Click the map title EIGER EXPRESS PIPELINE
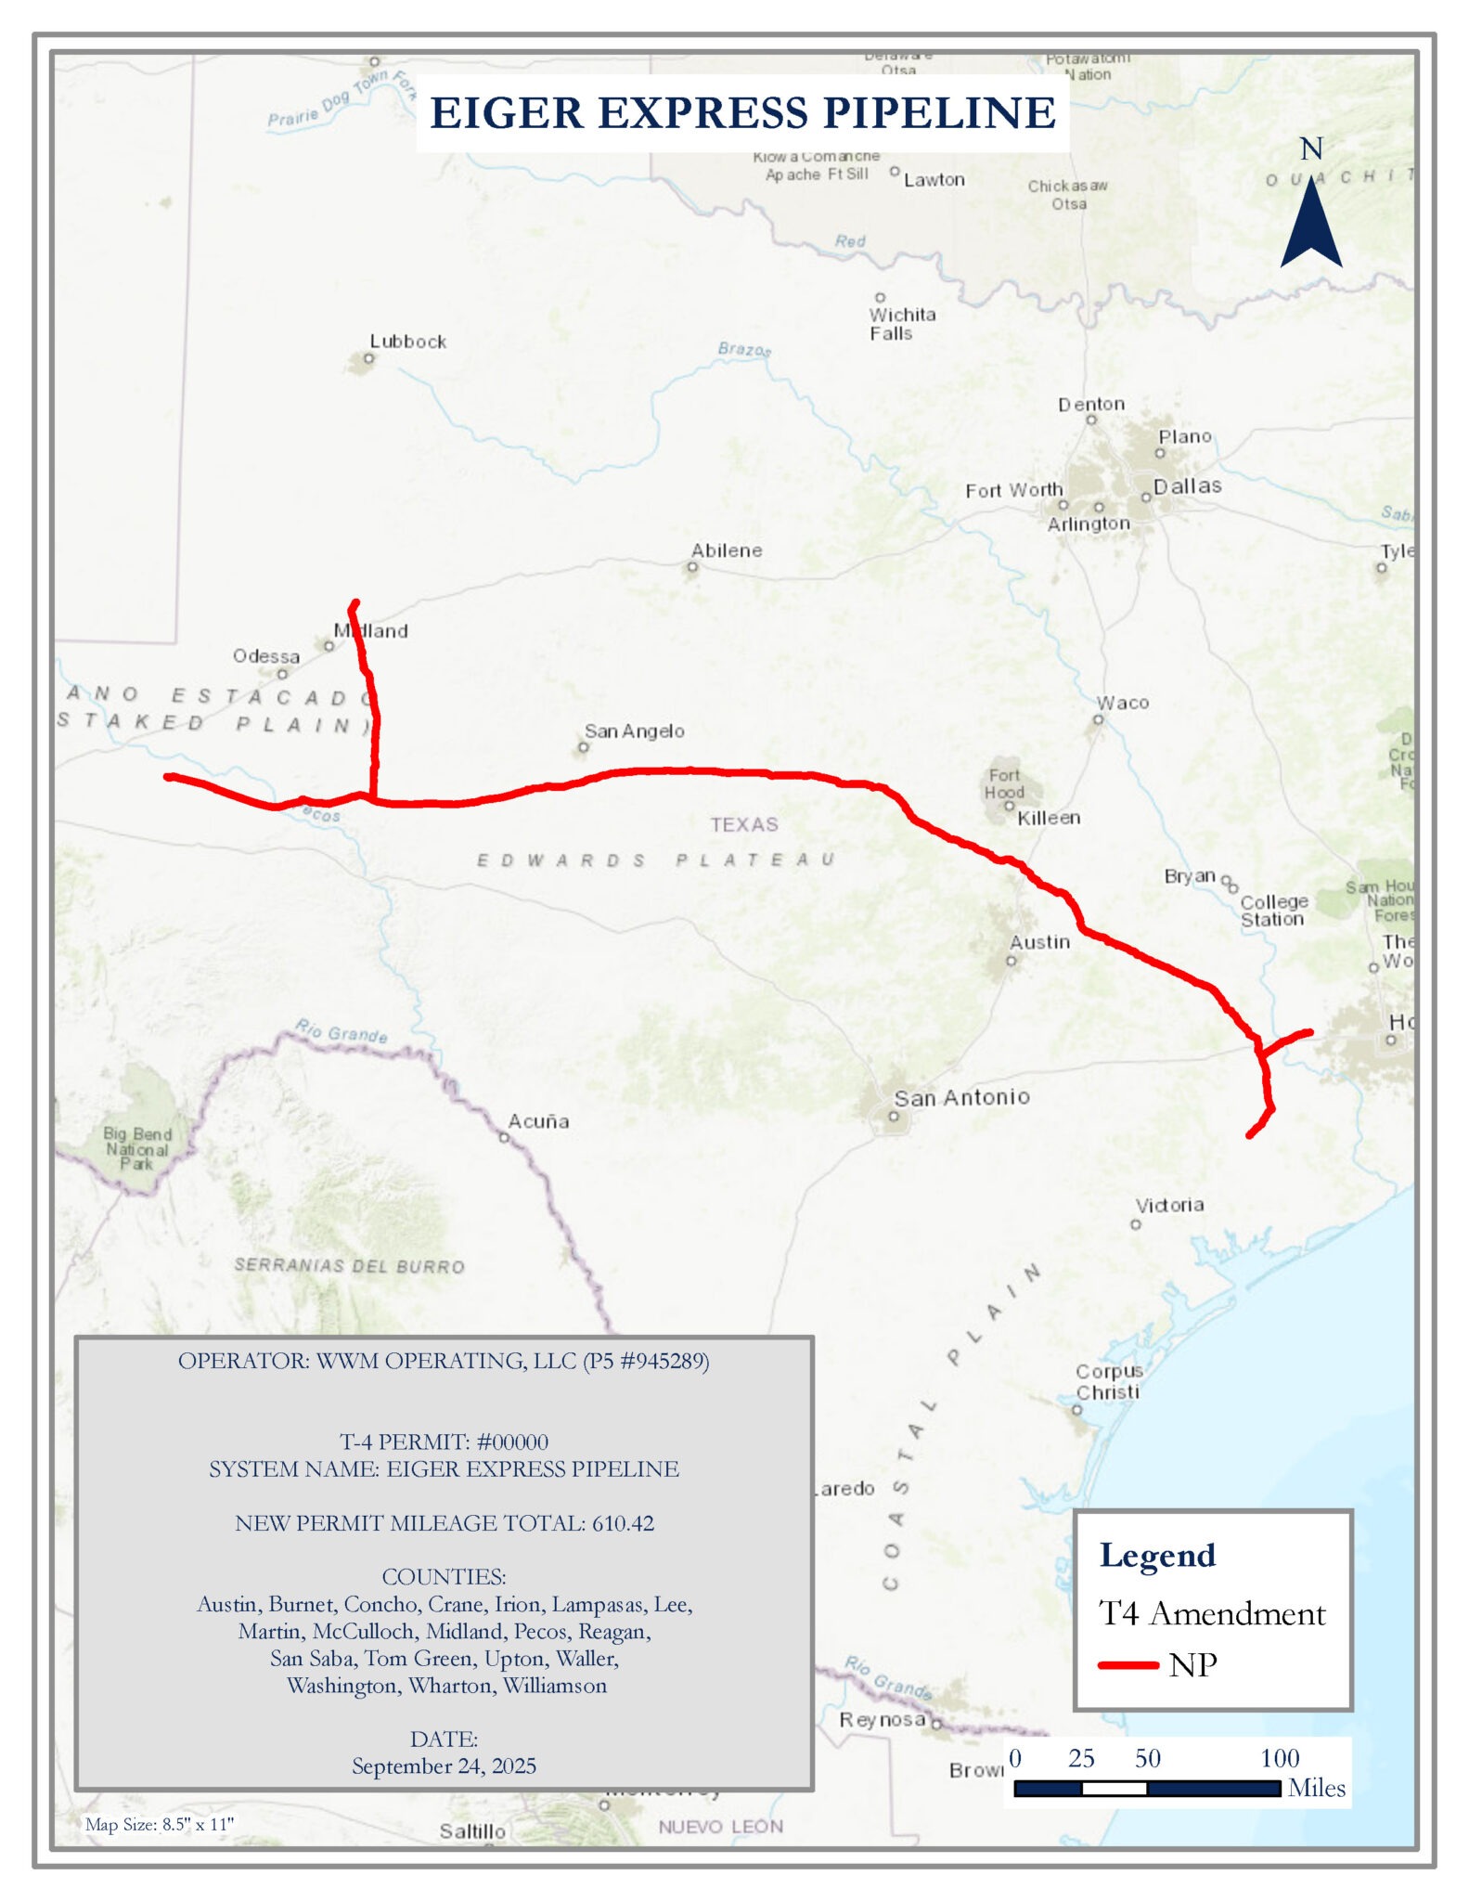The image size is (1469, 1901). click(742, 112)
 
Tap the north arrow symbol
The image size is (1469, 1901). click(1310, 223)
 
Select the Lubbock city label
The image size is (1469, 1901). click(407, 342)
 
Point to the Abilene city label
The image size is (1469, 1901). click(726, 550)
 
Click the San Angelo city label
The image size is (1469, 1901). click(634, 731)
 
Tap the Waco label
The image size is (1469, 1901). click(1123, 703)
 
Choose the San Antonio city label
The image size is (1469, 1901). click(961, 1097)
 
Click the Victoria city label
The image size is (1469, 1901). click(1169, 1205)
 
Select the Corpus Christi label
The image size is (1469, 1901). click(1108, 1381)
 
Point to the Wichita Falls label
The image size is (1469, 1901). click(901, 324)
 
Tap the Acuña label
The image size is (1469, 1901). click(538, 1121)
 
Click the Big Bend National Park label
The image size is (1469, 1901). click(137, 1148)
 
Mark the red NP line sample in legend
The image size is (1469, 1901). click(1128, 1665)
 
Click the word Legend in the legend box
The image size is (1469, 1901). click(1157, 1556)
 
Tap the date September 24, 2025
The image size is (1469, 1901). click(444, 1765)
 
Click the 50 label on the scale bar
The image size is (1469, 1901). click(1147, 1758)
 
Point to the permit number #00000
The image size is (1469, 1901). click(511, 1442)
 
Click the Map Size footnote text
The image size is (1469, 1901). click(159, 1824)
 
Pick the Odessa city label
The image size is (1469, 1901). click(266, 656)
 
